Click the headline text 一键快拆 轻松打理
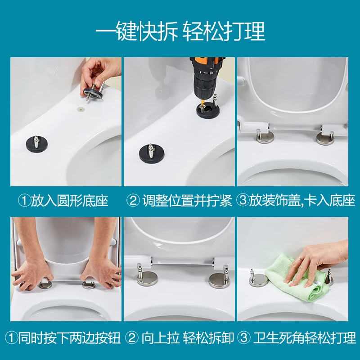tap(180, 31)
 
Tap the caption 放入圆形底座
tap(70, 201)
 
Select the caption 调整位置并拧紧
tap(187, 201)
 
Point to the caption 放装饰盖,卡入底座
tap(302, 201)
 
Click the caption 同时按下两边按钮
tap(69, 338)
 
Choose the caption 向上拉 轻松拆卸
tap(188, 338)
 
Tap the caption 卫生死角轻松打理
tap(305, 338)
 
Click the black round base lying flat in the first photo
tap(37, 144)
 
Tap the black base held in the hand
tap(91, 91)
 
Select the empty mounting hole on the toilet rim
tap(81, 108)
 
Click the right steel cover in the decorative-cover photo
tap(325, 138)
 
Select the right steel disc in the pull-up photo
tap(219, 279)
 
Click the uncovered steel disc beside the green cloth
tap(258, 279)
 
